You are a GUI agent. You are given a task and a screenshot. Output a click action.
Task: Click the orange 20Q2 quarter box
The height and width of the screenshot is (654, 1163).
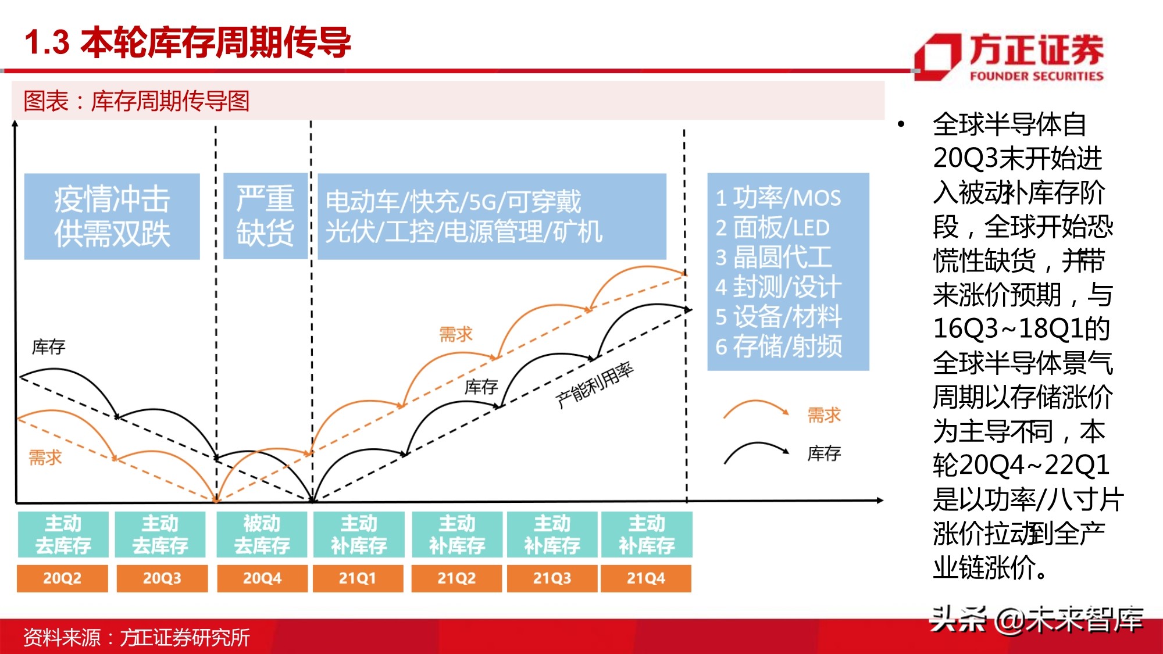[x=62, y=578]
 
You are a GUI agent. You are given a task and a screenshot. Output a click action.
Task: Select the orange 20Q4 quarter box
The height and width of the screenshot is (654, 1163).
[x=262, y=578]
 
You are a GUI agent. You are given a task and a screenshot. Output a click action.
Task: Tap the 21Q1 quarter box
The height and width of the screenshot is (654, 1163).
[x=358, y=578]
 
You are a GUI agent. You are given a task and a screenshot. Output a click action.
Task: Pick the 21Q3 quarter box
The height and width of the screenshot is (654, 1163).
[x=552, y=578]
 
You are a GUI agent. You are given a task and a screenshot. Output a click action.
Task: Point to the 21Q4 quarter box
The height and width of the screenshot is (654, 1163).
[x=646, y=578]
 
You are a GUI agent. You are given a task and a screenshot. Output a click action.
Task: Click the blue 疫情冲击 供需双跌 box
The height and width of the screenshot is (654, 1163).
[x=112, y=216]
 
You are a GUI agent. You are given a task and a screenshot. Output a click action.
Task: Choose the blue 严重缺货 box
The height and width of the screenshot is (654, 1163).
[x=265, y=216]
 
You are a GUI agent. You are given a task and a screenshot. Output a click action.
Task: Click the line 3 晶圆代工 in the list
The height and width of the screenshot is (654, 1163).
[x=774, y=257]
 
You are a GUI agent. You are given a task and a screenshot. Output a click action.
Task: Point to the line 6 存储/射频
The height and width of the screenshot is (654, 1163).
[x=779, y=346]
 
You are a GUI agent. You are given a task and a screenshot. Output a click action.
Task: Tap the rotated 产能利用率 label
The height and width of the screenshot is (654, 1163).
[x=594, y=385]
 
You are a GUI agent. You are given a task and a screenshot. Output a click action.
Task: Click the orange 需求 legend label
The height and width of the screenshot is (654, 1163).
[x=824, y=415]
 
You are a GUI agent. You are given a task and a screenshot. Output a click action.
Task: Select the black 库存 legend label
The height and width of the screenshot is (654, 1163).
[x=824, y=453]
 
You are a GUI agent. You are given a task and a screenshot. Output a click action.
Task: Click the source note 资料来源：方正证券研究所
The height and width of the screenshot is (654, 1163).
[x=137, y=638]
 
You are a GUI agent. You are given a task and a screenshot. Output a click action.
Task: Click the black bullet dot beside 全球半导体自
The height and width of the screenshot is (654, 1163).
[x=901, y=124]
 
